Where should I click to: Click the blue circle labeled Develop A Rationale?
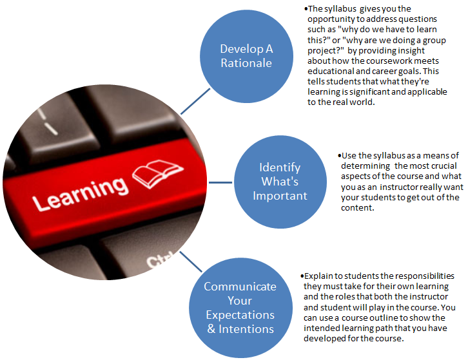tap(246, 57)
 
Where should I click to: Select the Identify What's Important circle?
tap(280, 182)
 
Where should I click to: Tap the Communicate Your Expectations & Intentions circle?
tap(240, 307)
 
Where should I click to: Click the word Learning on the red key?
tap(81, 193)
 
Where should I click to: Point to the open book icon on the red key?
tap(157, 174)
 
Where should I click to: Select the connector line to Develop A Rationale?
tap(195, 101)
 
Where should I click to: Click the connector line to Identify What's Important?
tap(220, 182)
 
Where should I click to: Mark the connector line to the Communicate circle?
tap(191, 261)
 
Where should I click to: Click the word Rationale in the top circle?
tap(246, 63)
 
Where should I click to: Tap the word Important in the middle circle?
tap(280, 196)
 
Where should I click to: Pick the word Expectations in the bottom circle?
tap(240, 315)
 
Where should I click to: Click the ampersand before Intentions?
tap(211, 329)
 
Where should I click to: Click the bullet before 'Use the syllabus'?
tap(339, 155)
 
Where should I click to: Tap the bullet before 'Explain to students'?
tap(302, 276)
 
